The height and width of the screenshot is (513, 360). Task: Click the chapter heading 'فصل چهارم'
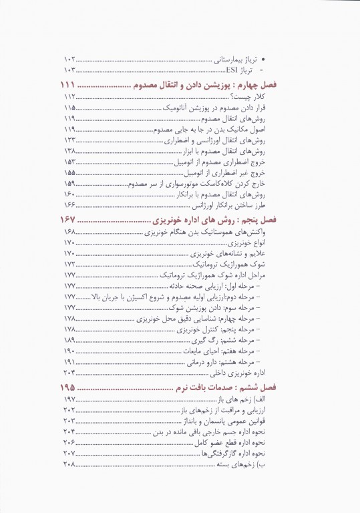[x=277, y=86]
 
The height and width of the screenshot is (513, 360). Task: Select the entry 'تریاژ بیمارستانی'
[x=254, y=59]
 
